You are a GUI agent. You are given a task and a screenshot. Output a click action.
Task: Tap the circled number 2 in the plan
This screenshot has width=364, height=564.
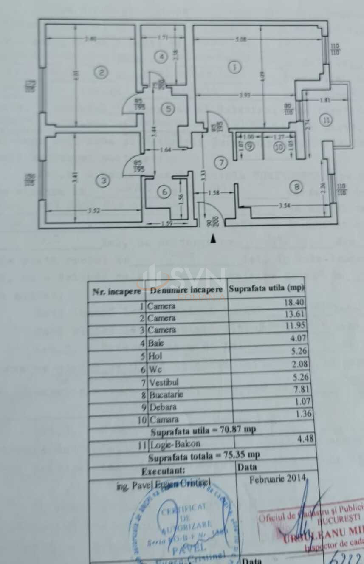pyautogui.click(x=101, y=73)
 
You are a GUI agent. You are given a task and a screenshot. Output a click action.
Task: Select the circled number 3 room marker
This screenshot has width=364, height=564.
pyautogui.click(x=103, y=181)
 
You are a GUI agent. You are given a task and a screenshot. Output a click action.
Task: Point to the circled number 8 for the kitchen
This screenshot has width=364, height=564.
pyautogui.click(x=296, y=186)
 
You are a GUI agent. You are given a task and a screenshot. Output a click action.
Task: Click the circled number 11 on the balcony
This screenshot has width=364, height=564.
pyautogui.click(x=326, y=120)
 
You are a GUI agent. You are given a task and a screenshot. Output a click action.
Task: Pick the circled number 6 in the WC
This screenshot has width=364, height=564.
pyautogui.click(x=165, y=192)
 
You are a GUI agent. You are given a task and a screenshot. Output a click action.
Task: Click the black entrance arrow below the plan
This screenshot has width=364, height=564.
pyautogui.click(x=213, y=240)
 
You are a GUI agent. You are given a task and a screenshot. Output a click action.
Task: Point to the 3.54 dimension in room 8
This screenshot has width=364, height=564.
pyautogui.click(x=284, y=206)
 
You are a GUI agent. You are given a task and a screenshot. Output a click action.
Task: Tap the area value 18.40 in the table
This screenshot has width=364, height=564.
pyautogui.click(x=294, y=303)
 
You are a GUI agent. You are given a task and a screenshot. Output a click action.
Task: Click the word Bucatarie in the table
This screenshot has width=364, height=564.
pyautogui.click(x=166, y=395)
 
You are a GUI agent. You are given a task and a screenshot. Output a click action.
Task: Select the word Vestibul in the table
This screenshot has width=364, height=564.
pyautogui.click(x=164, y=382)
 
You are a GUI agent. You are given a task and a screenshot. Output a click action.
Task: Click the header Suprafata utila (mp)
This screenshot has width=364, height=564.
pyautogui.click(x=266, y=288)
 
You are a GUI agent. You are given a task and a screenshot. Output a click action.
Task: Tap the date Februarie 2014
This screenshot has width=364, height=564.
pyautogui.click(x=277, y=479)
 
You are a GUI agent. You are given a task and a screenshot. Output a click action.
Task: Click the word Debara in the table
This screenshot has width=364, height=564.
pyautogui.click(x=162, y=407)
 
